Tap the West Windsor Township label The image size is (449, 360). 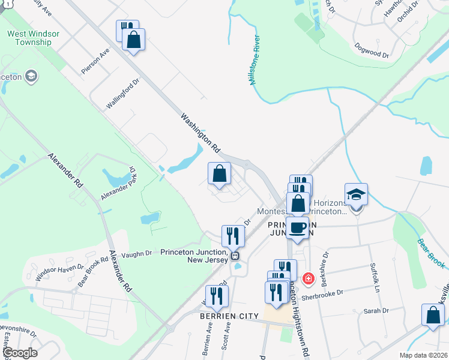[x=33, y=39]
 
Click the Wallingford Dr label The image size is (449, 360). [x=122, y=93]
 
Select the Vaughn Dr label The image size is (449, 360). [x=137, y=254]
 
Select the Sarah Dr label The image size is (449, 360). [x=376, y=311]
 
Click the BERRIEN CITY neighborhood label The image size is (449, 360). [x=229, y=316]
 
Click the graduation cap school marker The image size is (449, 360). [x=356, y=195]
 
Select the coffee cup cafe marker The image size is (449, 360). [x=298, y=227]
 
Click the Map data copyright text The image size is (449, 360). [x=423, y=355]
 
